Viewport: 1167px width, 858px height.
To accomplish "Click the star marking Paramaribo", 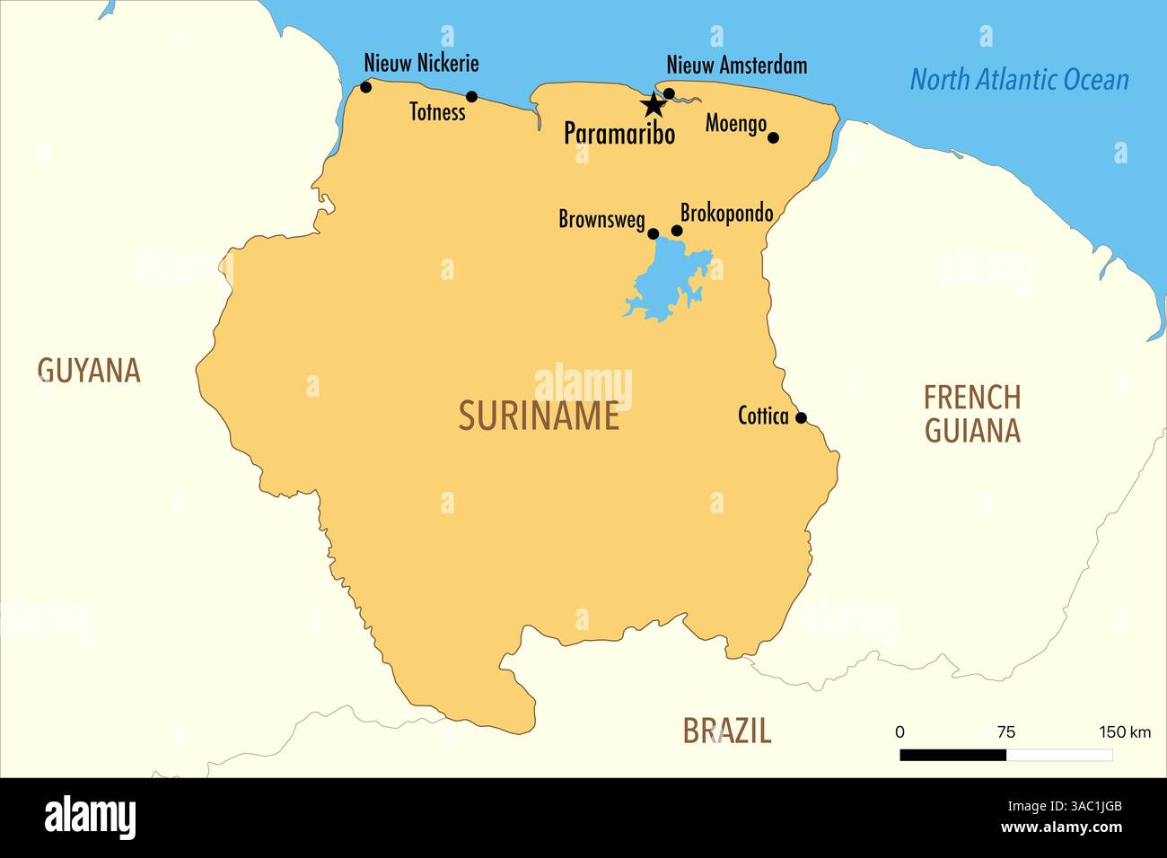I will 653,105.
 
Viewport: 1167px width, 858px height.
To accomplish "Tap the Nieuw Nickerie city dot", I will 365,87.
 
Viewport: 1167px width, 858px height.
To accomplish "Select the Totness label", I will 437,112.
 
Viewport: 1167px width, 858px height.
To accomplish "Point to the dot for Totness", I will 471,97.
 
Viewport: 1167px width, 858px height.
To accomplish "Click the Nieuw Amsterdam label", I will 736,66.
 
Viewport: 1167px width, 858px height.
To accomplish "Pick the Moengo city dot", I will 773,137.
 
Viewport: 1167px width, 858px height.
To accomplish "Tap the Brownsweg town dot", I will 654,233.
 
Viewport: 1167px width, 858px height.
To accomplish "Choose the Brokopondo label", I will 726,214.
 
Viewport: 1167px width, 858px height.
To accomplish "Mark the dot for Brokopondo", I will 677,231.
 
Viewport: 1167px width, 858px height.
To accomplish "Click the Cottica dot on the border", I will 802,417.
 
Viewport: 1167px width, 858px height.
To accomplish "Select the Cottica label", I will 763,416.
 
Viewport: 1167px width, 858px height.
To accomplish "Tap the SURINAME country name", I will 539,416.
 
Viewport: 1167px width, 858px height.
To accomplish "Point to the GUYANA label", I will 89,371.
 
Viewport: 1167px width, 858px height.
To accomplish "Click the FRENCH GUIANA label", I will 972,414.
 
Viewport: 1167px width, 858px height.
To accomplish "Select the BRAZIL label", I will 726,731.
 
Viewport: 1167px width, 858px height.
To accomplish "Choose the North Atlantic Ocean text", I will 1019,80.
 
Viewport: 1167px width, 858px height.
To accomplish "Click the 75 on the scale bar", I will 1006,732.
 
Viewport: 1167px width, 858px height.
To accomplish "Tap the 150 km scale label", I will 1124,732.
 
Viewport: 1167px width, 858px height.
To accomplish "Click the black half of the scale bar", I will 952,756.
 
